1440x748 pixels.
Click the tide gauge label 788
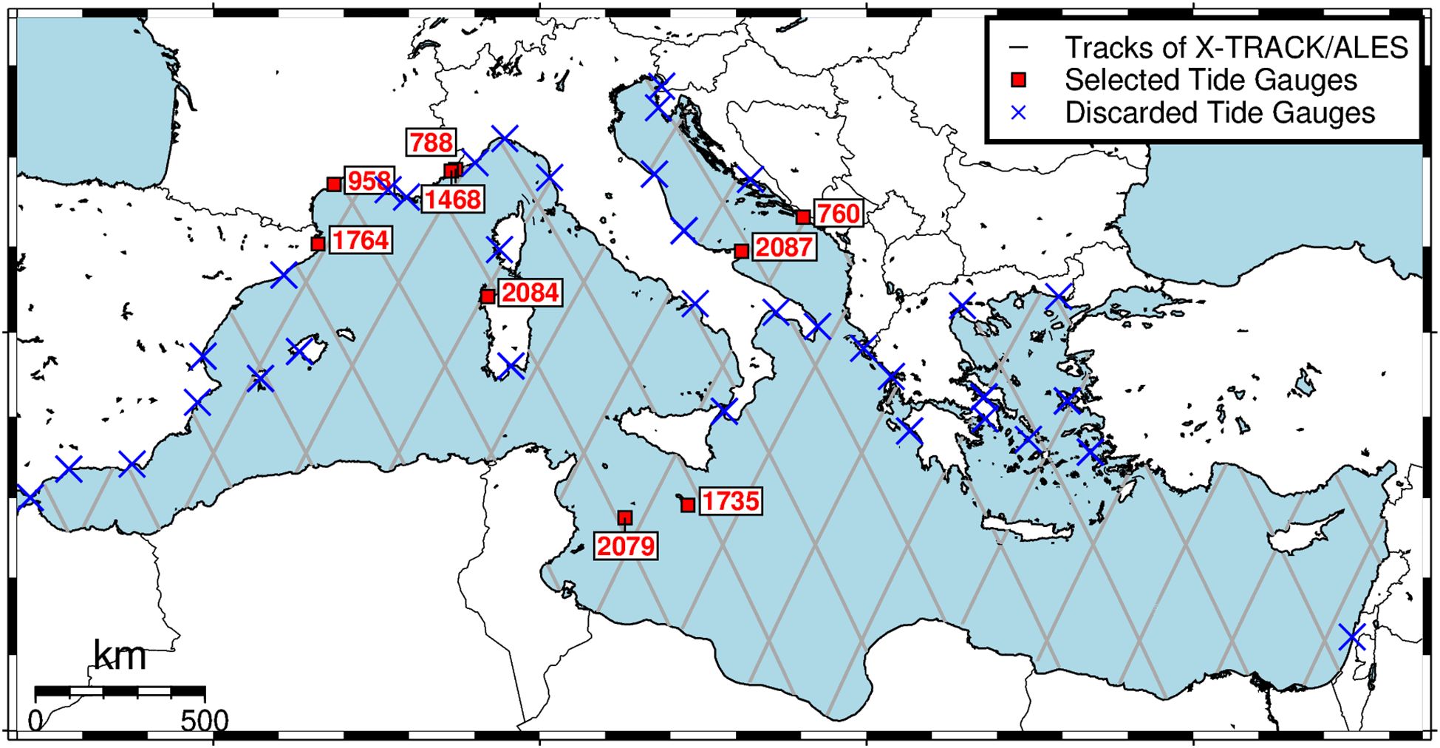pyautogui.click(x=431, y=142)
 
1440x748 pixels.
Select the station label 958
pyautogui.click(x=368, y=181)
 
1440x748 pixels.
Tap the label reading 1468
pyautogui.click(x=453, y=200)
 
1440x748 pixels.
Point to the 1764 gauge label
pyautogui.click(x=360, y=240)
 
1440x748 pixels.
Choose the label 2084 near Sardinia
pyautogui.click(x=530, y=293)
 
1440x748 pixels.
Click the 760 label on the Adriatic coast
pyautogui.click(x=838, y=214)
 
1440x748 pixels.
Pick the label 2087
pyautogui.click(x=783, y=247)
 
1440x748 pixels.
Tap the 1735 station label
pyautogui.click(x=730, y=501)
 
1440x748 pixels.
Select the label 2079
pyautogui.click(x=626, y=546)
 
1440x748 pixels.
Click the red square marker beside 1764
pyautogui.click(x=318, y=243)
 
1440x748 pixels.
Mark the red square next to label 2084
pyautogui.click(x=488, y=296)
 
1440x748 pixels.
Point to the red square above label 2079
pyautogui.click(x=625, y=517)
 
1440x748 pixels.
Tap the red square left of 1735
pyautogui.click(x=688, y=505)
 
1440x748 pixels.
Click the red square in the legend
pyautogui.click(x=1019, y=80)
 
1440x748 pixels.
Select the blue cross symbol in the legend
pyautogui.click(x=1019, y=113)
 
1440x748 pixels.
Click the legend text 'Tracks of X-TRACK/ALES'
pyautogui.click(x=1236, y=48)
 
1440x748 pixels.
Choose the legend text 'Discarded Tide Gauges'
pyautogui.click(x=1219, y=113)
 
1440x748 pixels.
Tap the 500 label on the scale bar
pyautogui.click(x=205, y=721)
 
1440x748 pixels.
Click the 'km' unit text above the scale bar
pyautogui.click(x=120, y=656)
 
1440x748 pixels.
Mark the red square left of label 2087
pyautogui.click(x=742, y=251)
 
